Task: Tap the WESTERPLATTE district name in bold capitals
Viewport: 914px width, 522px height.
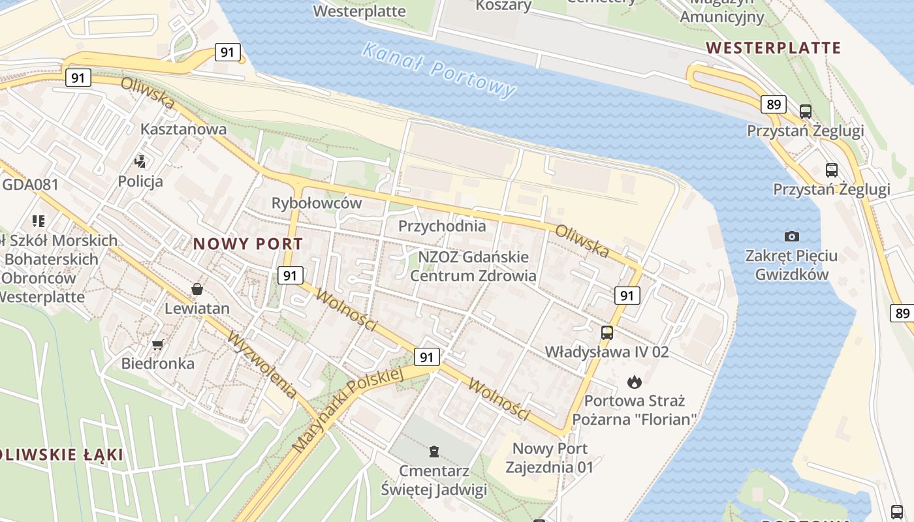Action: click(x=774, y=48)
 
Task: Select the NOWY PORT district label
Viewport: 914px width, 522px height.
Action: click(x=248, y=244)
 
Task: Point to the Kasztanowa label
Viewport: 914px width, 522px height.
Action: click(x=184, y=129)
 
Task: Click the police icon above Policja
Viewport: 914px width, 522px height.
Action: click(x=140, y=161)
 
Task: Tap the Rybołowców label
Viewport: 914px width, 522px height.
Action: click(x=317, y=203)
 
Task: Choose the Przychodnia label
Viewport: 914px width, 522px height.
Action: click(x=442, y=226)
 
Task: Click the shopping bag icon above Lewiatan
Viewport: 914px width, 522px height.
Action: click(x=197, y=288)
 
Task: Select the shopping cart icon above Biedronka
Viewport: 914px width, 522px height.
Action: click(x=157, y=344)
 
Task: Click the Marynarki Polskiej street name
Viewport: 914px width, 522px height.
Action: click(x=346, y=411)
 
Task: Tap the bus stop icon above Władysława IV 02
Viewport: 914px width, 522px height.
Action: click(x=607, y=332)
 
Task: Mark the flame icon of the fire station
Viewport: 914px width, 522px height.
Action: click(x=635, y=381)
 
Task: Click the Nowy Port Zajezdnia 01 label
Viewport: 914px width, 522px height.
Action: click(x=550, y=458)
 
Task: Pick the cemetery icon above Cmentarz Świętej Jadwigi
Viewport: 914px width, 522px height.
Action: click(x=434, y=451)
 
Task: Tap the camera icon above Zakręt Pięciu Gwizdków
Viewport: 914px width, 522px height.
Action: click(x=792, y=236)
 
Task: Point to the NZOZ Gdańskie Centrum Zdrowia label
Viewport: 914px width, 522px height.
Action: click(x=473, y=266)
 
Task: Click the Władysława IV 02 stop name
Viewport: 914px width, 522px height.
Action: click(x=607, y=352)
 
